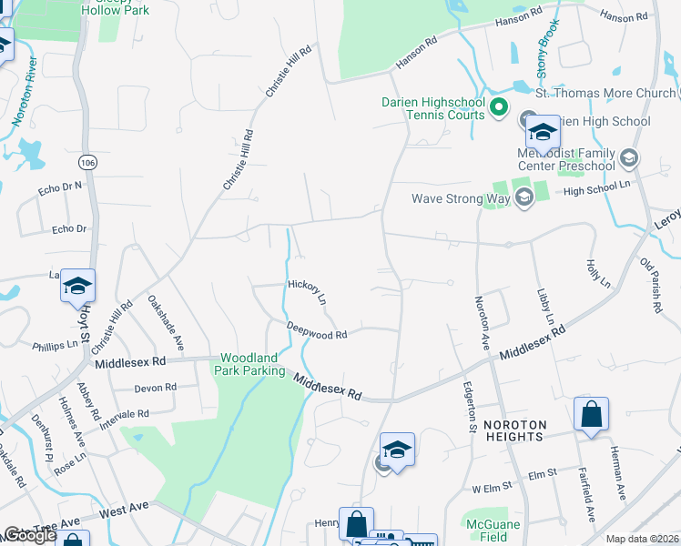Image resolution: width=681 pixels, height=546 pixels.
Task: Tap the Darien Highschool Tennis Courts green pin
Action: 498,108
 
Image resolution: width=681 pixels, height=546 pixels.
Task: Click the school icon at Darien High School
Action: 543,132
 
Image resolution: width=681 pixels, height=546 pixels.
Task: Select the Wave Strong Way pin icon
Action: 523,198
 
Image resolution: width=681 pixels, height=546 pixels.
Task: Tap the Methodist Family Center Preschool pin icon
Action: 627,159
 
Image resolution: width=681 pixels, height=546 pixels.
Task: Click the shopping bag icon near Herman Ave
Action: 592,414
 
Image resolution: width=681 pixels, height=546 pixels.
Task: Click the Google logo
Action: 29,535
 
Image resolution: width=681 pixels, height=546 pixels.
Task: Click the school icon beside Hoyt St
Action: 78,287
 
